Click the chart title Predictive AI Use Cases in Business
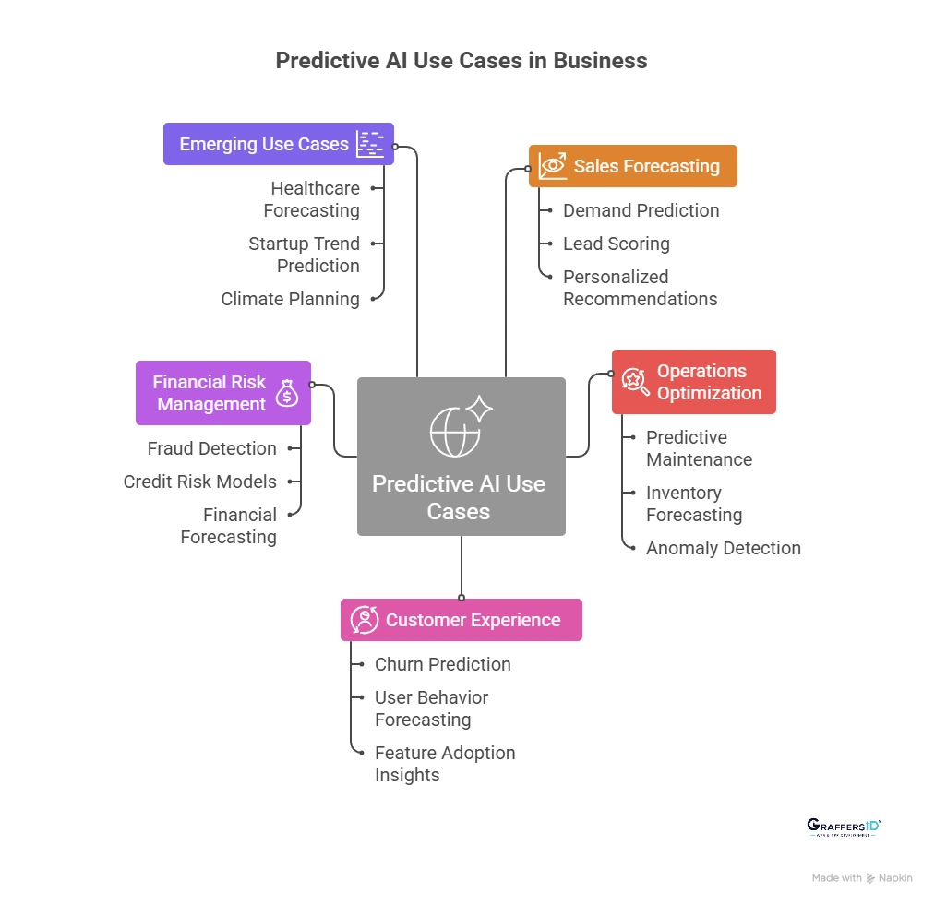tap(462, 61)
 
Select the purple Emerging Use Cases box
tap(278, 144)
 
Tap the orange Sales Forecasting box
tap(632, 166)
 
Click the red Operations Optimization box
tap(693, 382)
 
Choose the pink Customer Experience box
tap(461, 620)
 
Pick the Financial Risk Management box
tap(222, 393)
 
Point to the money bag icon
tap(287, 394)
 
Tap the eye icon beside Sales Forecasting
tap(553, 167)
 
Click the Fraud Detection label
tap(211, 448)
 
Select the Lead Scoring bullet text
tap(616, 244)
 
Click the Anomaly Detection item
tap(723, 548)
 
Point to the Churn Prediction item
tap(442, 664)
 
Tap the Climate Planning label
tap(290, 299)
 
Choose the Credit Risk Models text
tap(199, 482)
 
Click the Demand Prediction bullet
tap(641, 210)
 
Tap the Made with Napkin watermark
tap(861, 878)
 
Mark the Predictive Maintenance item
tap(699, 448)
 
